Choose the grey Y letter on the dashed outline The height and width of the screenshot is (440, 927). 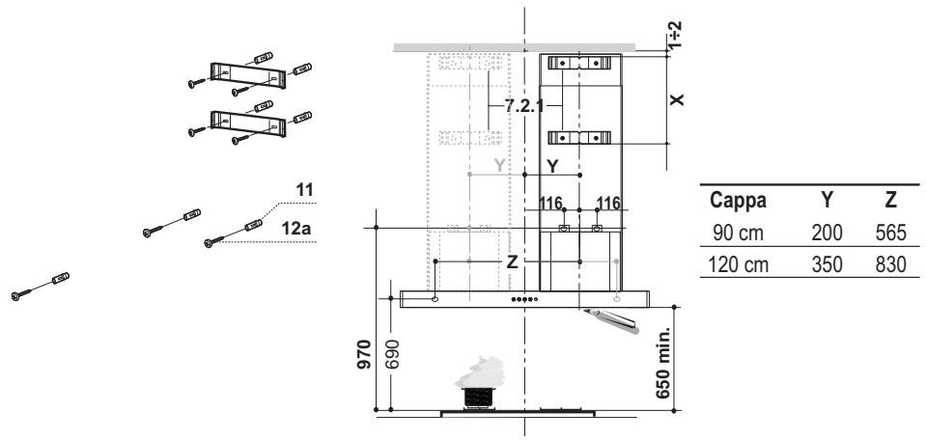(498, 166)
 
